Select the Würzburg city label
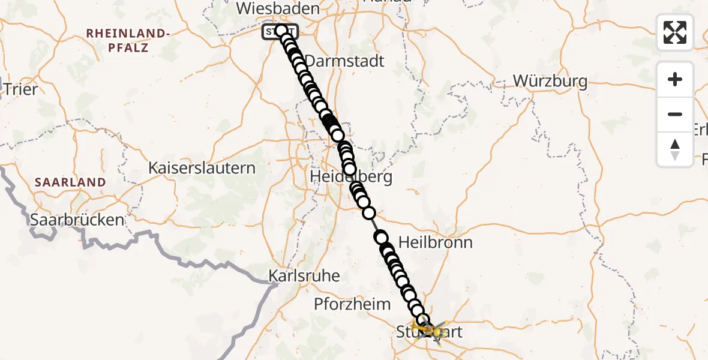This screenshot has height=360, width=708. click(550, 81)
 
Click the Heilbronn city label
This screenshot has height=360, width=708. click(436, 242)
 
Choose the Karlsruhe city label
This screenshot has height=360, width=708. click(304, 276)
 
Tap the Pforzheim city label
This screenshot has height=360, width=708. click(352, 304)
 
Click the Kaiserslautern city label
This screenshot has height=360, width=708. click(202, 168)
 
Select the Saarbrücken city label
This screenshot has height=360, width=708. click(77, 220)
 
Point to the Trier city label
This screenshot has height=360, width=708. click(20, 89)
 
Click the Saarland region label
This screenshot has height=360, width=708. click(70, 182)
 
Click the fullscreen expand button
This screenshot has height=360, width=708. click(675, 32)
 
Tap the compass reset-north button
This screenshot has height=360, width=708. click(675, 149)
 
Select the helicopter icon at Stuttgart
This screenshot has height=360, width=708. click(433, 330)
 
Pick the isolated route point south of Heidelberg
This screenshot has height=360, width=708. click(368, 213)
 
